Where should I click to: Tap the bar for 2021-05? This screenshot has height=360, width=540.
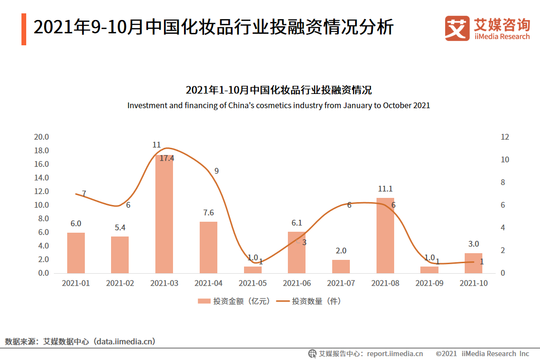(253, 269)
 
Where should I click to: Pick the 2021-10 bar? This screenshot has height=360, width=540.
(473, 263)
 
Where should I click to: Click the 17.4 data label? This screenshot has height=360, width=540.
(166, 158)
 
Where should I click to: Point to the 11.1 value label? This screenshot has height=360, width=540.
(385, 189)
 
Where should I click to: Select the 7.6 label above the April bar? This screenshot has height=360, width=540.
(208, 213)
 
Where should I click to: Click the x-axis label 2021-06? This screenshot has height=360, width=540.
(297, 283)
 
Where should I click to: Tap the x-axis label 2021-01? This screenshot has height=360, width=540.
(76, 283)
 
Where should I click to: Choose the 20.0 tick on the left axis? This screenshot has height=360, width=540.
(41, 137)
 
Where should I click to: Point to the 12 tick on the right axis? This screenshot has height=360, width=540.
(505, 137)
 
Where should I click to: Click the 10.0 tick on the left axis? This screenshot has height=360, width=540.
(41, 205)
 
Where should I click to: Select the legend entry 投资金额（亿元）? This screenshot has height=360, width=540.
(234, 301)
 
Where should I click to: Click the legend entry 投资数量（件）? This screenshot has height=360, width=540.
(309, 301)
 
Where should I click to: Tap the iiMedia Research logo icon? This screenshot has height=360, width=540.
(457, 28)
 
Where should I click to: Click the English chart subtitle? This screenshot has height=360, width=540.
(278, 105)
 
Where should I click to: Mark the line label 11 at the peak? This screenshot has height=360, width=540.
(156, 145)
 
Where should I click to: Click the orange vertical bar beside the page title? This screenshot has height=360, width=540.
(24, 29)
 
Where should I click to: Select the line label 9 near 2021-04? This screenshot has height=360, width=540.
(216, 171)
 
